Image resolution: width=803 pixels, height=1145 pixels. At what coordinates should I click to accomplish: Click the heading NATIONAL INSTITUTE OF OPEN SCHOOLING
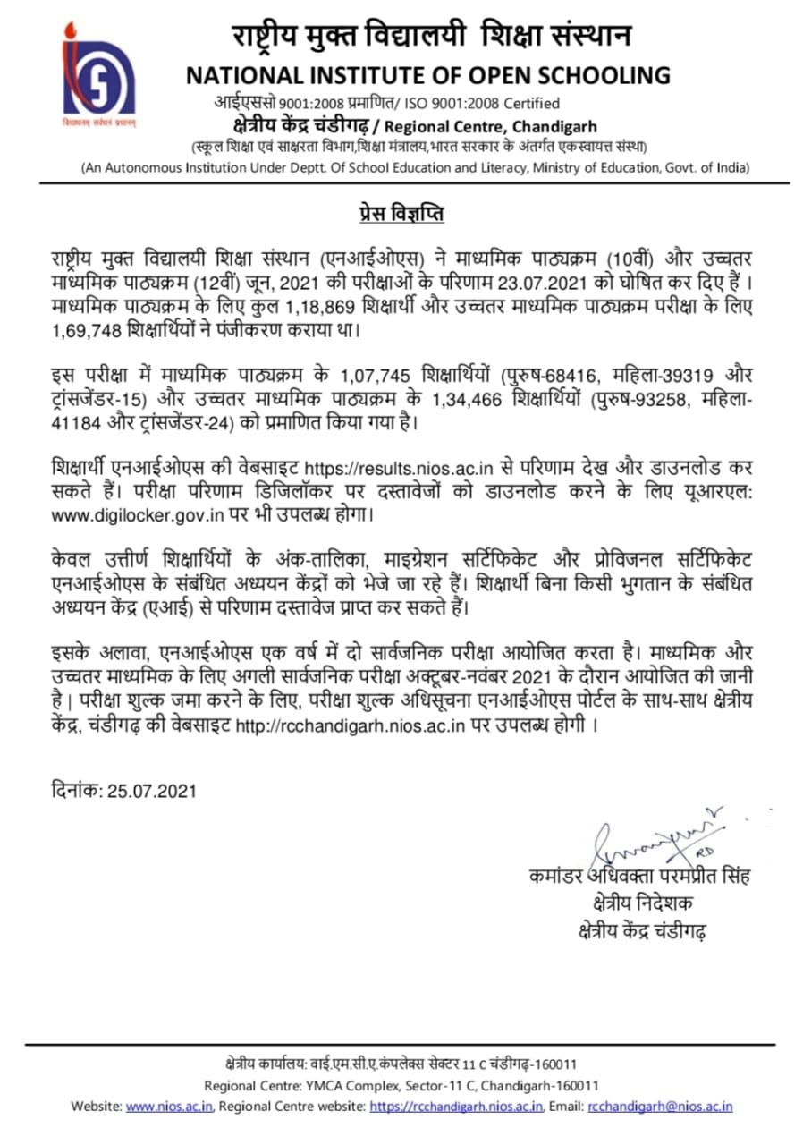(x=427, y=75)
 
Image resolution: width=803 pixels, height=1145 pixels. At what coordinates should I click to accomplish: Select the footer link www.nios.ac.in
(x=169, y=1107)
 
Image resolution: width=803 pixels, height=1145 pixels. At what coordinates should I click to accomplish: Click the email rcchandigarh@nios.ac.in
(x=660, y=1107)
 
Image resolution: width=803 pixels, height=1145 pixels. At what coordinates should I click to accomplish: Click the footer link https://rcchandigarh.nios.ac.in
(x=456, y=1107)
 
